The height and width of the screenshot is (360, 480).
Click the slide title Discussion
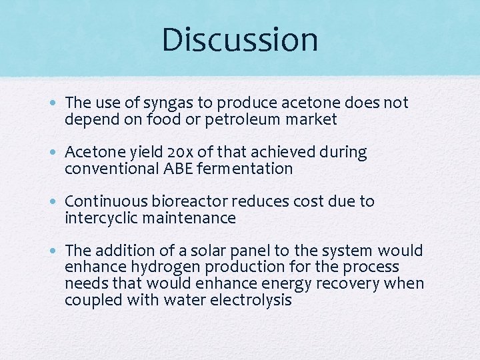(x=239, y=39)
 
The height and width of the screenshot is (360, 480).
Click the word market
(x=314, y=120)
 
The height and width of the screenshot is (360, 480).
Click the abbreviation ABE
(x=178, y=169)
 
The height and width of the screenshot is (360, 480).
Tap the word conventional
(x=111, y=169)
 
